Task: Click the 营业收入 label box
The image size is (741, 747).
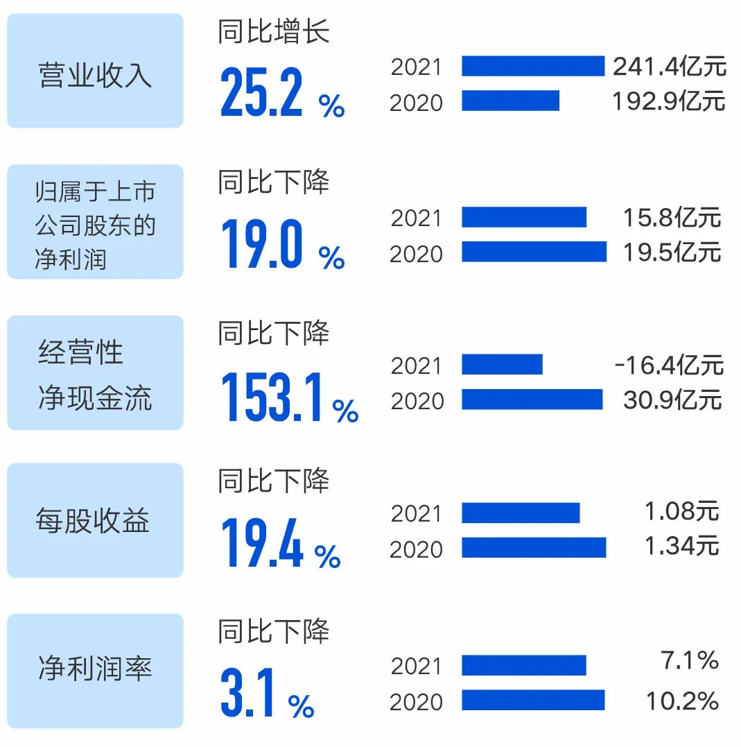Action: point(95,71)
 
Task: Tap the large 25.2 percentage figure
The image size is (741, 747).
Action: point(262,94)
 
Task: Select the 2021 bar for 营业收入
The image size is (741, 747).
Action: point(533,66)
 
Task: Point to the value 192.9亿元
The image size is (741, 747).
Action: point(668,101)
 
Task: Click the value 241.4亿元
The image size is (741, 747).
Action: point(669,66)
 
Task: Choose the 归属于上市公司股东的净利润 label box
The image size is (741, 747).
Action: point(95,222)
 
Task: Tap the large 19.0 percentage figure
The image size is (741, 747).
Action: point(262,245)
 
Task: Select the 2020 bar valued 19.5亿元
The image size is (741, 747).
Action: point(534,252)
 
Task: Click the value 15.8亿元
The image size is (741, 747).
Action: point(672,217)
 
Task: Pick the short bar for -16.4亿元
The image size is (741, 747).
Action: point(502,364)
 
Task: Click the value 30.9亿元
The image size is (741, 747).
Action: point(672,400)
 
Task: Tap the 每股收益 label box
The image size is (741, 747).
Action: point(95,520)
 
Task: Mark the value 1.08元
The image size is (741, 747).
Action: point(681,512)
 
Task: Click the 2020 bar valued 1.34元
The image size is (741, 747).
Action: point(534,547)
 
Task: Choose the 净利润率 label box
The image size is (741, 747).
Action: point(95,671)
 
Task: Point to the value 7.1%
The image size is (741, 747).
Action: point(689,661)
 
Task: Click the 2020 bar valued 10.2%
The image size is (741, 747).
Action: point(533,700)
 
